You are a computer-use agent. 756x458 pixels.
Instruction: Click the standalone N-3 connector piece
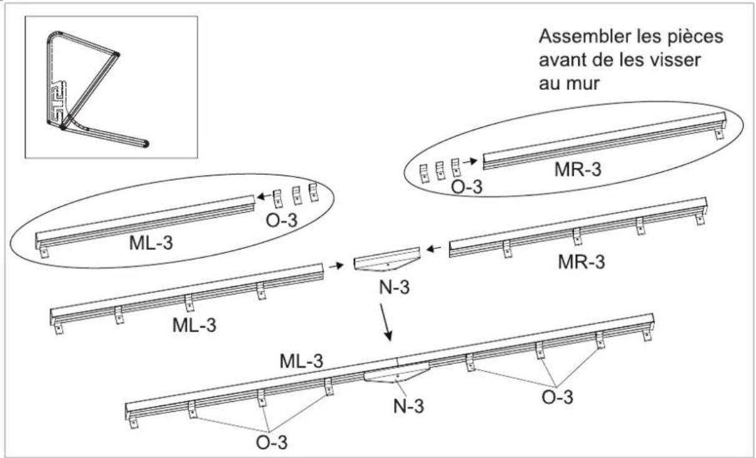coord(387,261)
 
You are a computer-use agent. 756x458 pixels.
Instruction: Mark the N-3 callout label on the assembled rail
coord(408,406)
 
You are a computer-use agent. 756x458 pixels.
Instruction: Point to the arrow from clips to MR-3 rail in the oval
coord(473,161)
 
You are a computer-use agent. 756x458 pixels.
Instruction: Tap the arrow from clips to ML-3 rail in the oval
coord(265,197)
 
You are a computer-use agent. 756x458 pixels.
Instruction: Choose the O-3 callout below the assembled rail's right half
coord(556,396)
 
